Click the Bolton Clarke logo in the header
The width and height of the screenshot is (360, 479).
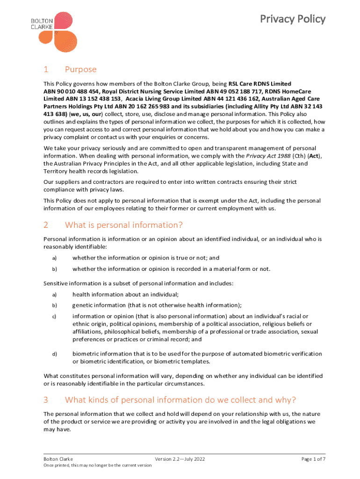(58, 32)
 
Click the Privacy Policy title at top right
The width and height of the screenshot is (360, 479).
(293, 19)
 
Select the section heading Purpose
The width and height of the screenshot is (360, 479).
(80, 70)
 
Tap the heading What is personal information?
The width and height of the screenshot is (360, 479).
(123, 225)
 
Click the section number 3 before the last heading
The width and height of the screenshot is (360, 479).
(46, 400)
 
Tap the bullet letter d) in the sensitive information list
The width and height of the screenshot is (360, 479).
(54, 354)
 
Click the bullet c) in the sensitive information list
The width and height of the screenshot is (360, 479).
(54, 317)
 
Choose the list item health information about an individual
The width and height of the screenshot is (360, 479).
(125, 294)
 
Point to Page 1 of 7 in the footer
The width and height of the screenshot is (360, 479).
(313, 459)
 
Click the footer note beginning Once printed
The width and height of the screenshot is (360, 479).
(97, 465)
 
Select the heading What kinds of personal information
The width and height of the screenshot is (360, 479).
(180, 400)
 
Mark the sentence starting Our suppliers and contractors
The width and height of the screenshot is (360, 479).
(170, 185)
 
